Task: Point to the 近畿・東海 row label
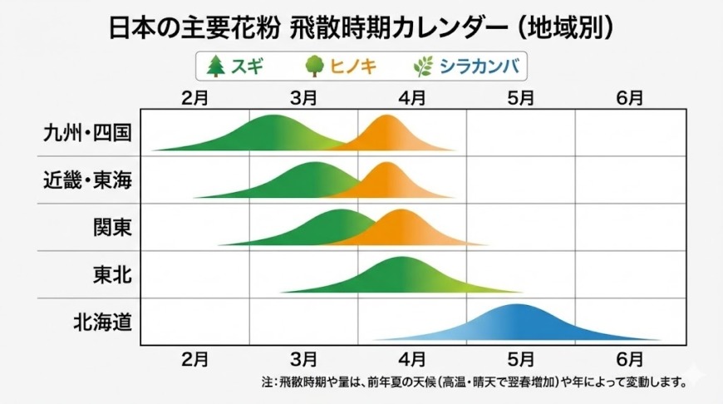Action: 88,180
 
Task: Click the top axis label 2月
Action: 195,96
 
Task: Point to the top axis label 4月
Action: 412,96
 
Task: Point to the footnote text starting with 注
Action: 475,383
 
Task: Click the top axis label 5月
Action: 521,96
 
